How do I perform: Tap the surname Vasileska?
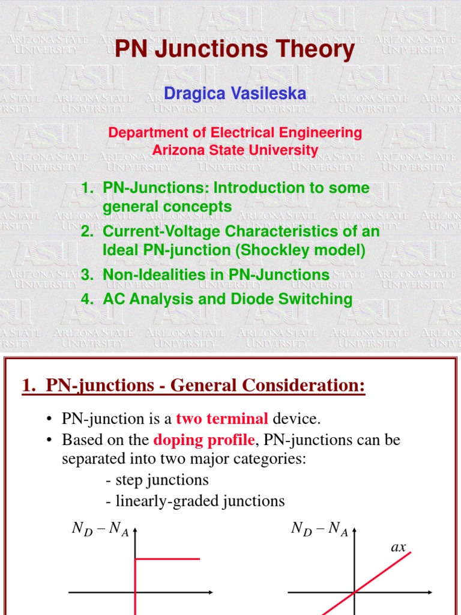tap(273, 93)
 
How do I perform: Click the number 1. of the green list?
tap(88, 188)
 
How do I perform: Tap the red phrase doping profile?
tap(204, 440)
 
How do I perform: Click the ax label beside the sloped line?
tap(399, 547)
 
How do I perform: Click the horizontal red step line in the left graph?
tap(167, 559)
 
